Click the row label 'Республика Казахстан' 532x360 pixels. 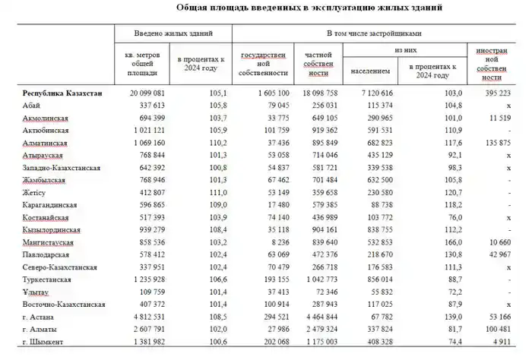tap(62, 93)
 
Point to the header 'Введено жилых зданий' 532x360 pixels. tap(173, 34)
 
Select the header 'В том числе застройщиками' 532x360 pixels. tap(374, 34)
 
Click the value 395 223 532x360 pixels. tap(501, 93)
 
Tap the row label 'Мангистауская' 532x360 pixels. tap(50, 241)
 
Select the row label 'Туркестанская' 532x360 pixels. tap(51, 277)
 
